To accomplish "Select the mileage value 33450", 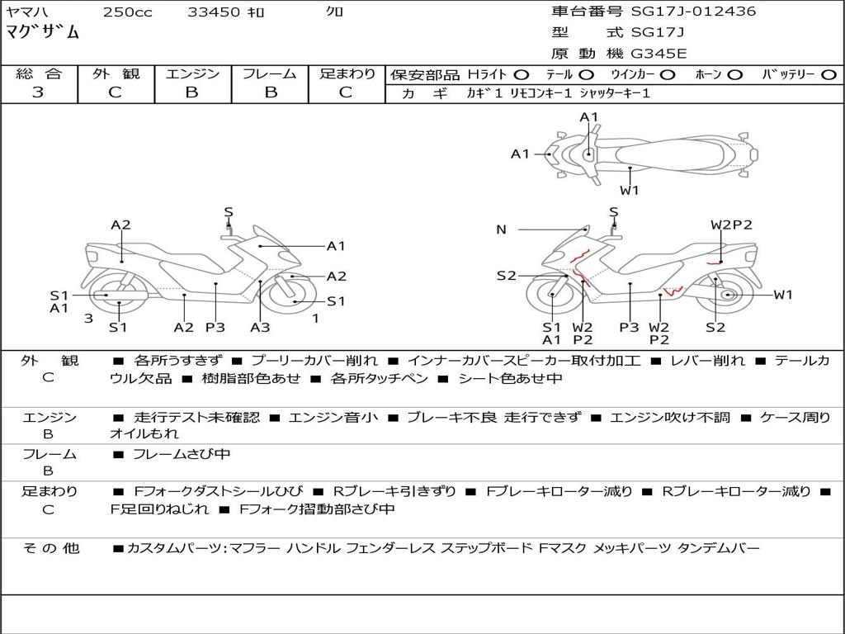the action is [214, 12].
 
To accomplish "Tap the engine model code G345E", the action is [659, 54].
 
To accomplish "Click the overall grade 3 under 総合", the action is [38, 92].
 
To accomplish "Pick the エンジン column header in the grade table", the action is [192, 73].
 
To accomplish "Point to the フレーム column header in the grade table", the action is [270, 73].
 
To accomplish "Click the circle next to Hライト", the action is [522, 74].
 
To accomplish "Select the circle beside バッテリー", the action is [828, 74].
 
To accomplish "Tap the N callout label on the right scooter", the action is [501, 229].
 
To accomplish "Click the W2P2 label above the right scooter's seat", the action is [731, 225].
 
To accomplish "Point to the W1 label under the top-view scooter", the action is [630, 191].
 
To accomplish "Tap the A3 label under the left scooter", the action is [260, 328].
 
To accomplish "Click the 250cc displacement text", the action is [127, 12].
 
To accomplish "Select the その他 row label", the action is [50, 548].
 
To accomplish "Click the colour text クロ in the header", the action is [335, 12].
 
